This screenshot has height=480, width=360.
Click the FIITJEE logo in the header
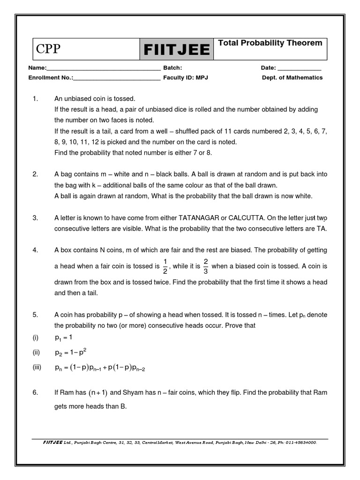pyautogui.click(x=177, y=49)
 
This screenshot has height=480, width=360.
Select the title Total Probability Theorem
pyautogui.click(x=270, y=43)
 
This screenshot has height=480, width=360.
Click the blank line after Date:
pyautogui.click(x=300, y=68)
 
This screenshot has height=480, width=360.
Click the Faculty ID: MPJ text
pyautogui.click(x=185, y=78)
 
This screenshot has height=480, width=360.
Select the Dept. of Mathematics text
pyautogui.click(x=292, y=78)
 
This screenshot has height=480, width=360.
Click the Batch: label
pyautogui.click(x=172, y=68)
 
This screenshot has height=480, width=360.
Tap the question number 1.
pyautogui.click(x=35, y=99)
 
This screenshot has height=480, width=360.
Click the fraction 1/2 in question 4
pyautogui.click(x=164, y=266)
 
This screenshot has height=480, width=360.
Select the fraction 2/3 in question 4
pyautogui.click(x=205, y=266)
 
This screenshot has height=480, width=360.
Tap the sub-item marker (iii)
pyautogui.click(x=37, y=368)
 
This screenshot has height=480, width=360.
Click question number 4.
pyautogui.click(x=35, y=250)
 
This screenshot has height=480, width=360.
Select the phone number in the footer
pyautogui.click(x=301, y=442)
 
